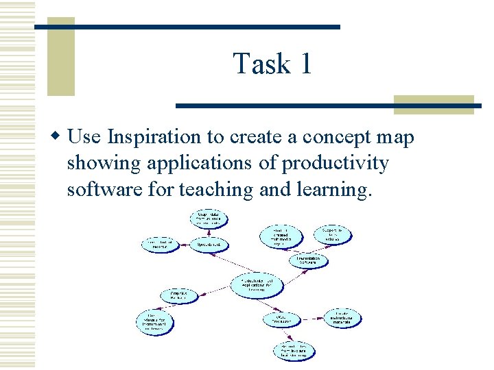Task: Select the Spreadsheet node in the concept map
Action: point(209,245)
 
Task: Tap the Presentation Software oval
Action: point(308,260)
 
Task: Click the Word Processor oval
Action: point(282,319)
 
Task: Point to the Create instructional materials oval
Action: point(343,317)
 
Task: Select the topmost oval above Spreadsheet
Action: point(209,219)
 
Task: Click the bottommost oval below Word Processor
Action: point(293,350)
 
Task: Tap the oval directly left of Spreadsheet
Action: point(161,245)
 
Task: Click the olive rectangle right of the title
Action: point(434,104)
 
